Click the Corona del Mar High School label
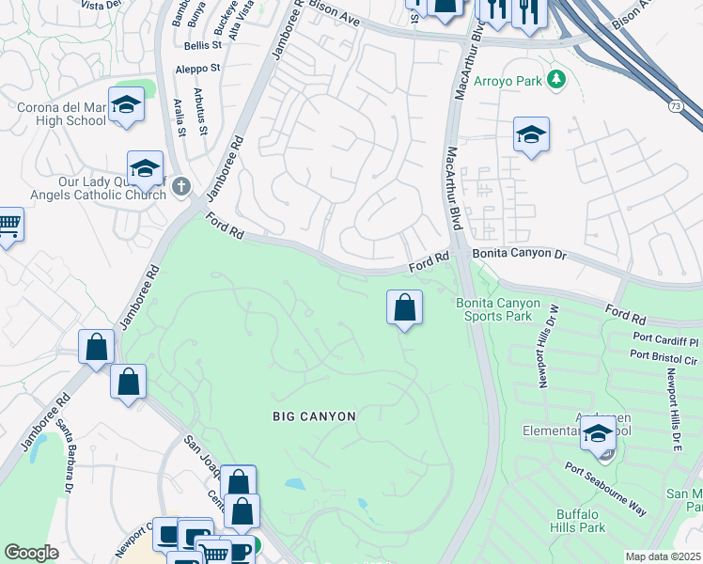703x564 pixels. (x=61, y=114)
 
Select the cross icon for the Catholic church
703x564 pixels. (x=182, y=188)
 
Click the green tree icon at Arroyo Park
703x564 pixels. (x=556, y=80)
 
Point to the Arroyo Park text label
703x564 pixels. (x=508, y=81)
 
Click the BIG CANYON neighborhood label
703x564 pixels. (x=315, y=415)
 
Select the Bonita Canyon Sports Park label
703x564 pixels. (x=498, y=309)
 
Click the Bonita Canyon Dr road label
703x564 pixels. (x=520, y=255)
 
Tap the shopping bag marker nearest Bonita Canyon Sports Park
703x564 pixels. (x=404, y=308)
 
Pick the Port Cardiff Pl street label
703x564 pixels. (x=666, y=340)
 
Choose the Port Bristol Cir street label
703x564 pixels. (x=664, y=355)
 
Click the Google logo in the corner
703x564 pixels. (x=31, y=553)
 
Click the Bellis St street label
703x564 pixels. (x=202, y=45)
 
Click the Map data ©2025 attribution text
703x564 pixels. (x=663, y=556)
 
